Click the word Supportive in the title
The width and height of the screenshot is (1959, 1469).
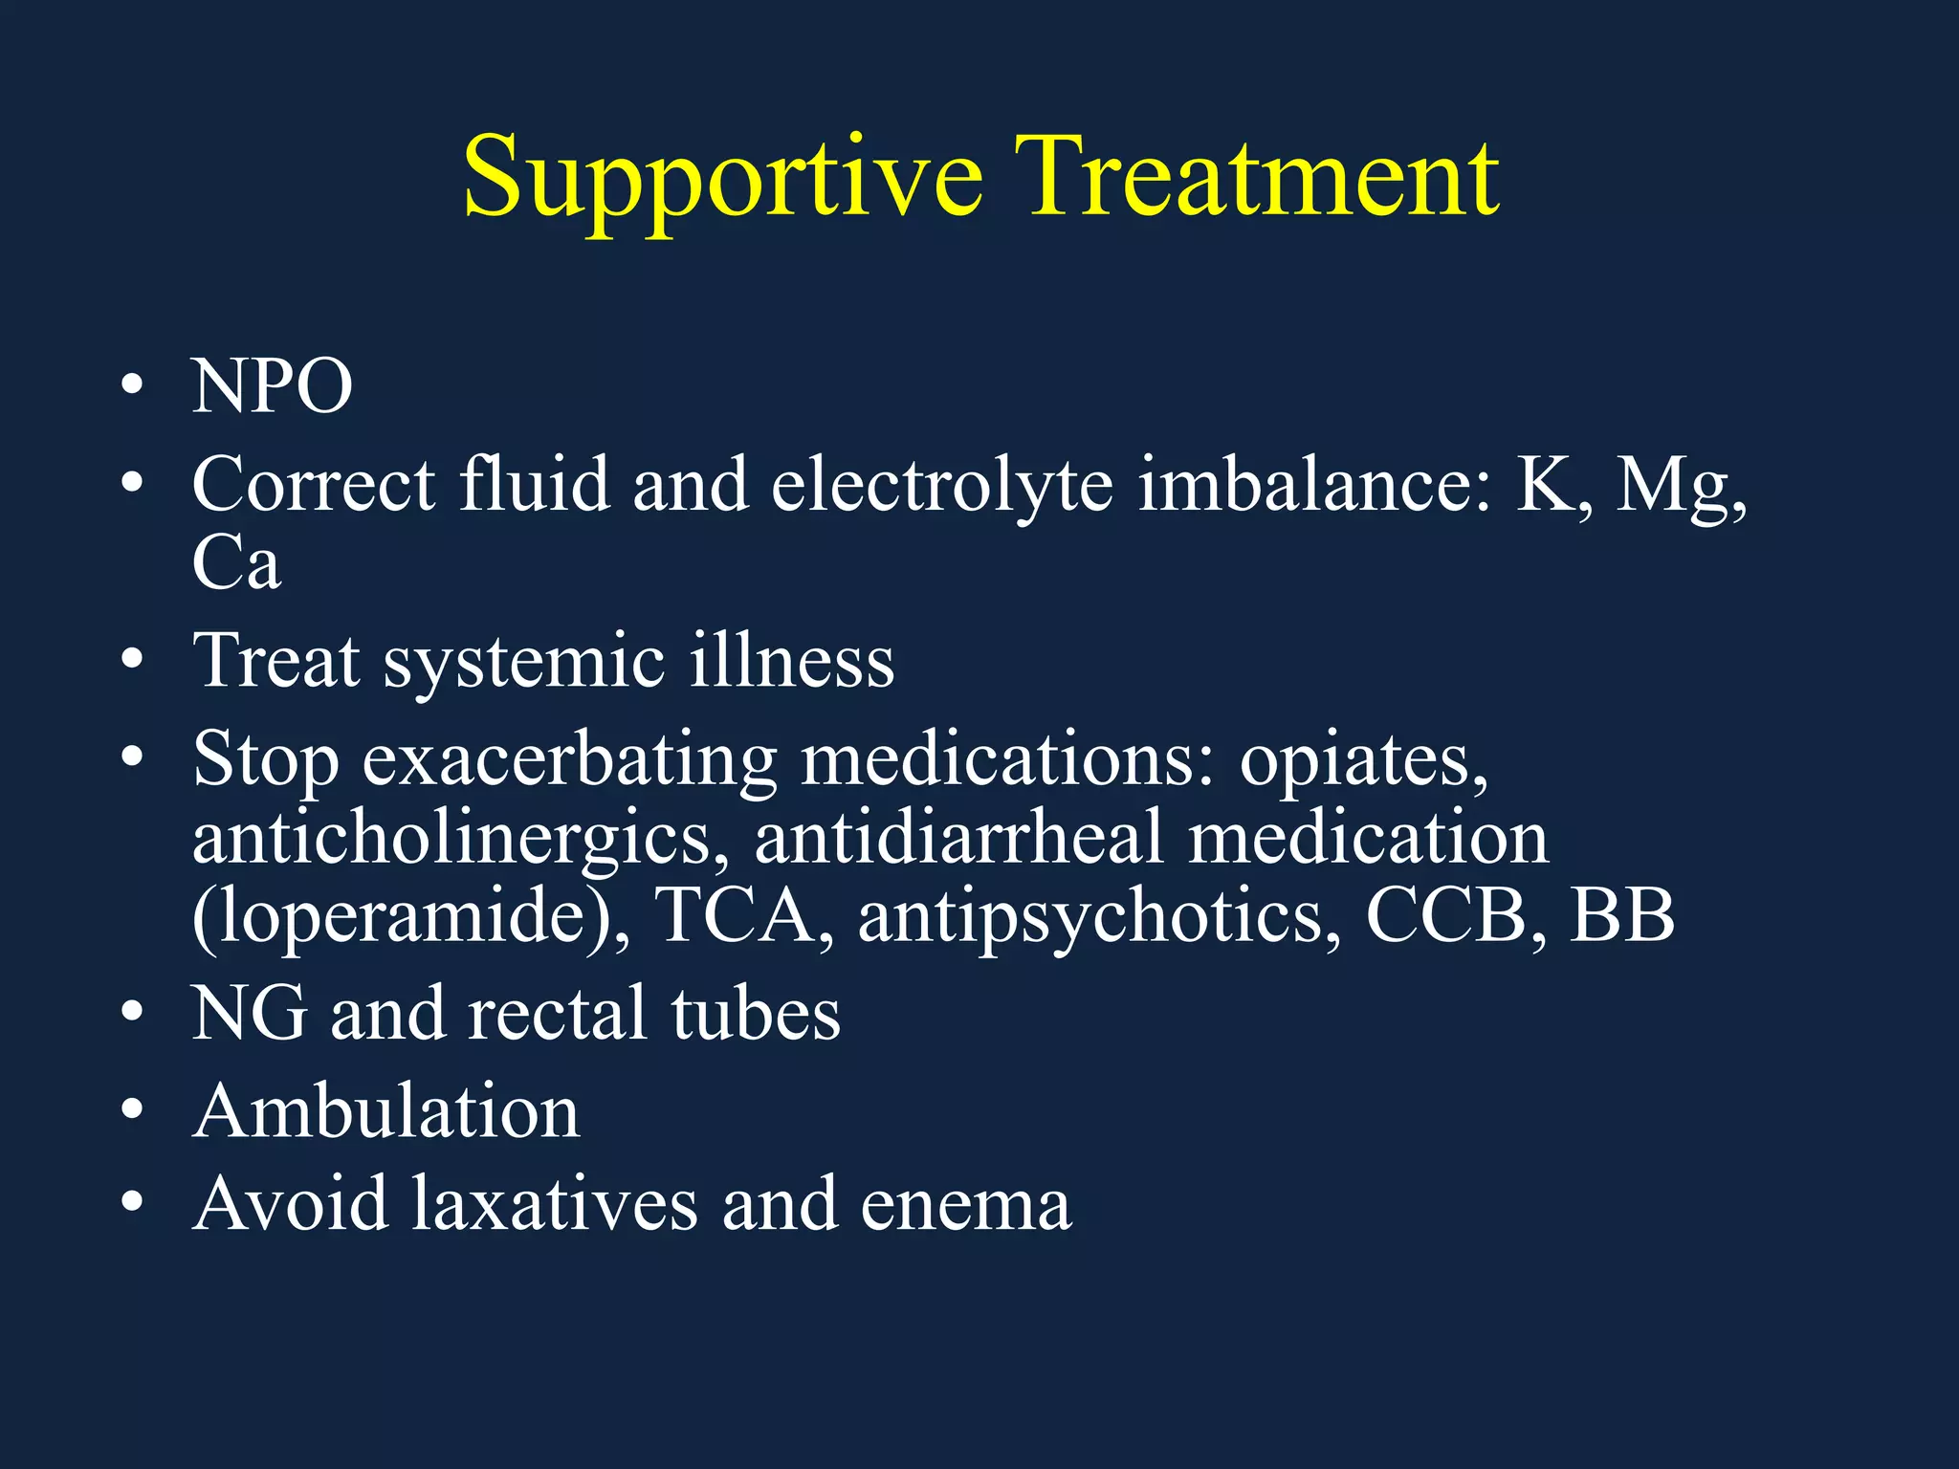(722, 180)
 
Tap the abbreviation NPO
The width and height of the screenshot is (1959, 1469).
(273, 386)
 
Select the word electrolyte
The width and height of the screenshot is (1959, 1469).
(942, 484)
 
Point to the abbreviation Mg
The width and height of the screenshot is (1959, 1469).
(1680, 486)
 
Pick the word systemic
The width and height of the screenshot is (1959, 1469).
(523, 662)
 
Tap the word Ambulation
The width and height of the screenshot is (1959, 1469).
(386, 1111)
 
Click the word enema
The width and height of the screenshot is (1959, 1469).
(965, 1205)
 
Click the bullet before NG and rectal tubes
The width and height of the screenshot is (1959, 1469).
(133, 1012)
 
